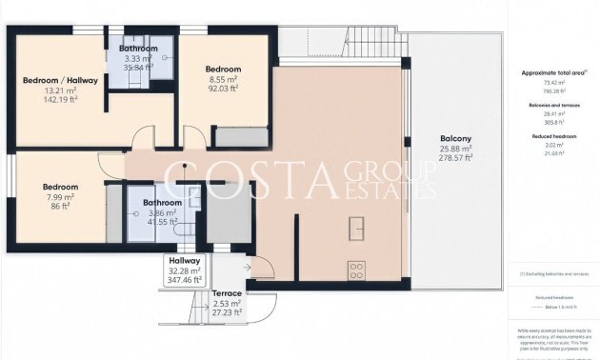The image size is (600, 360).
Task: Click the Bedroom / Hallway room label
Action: click(x=58, y=80)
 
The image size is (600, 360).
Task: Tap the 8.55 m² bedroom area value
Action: click(x=224, y=80)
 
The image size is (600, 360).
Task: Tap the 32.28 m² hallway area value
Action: click(x=184, y=270)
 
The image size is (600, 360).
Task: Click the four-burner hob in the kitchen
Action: click(x=358, y=268)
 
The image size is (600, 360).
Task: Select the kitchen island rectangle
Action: click(x=358, y=230)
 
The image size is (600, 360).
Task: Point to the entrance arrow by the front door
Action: click(x=249, y=269)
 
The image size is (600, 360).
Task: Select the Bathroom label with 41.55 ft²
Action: click(x=162, y=203)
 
